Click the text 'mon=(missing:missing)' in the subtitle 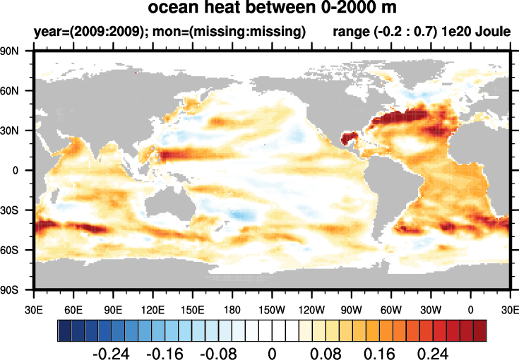click(x=218, y=32)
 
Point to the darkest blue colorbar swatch click(x=64, y=330)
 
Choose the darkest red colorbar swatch click(x=480, y=330)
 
